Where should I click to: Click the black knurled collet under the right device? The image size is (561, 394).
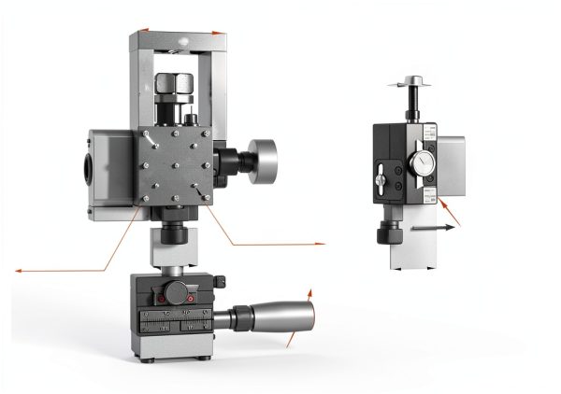[x=386, y=232]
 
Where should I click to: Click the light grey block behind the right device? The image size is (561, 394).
[x=452, y=162]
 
